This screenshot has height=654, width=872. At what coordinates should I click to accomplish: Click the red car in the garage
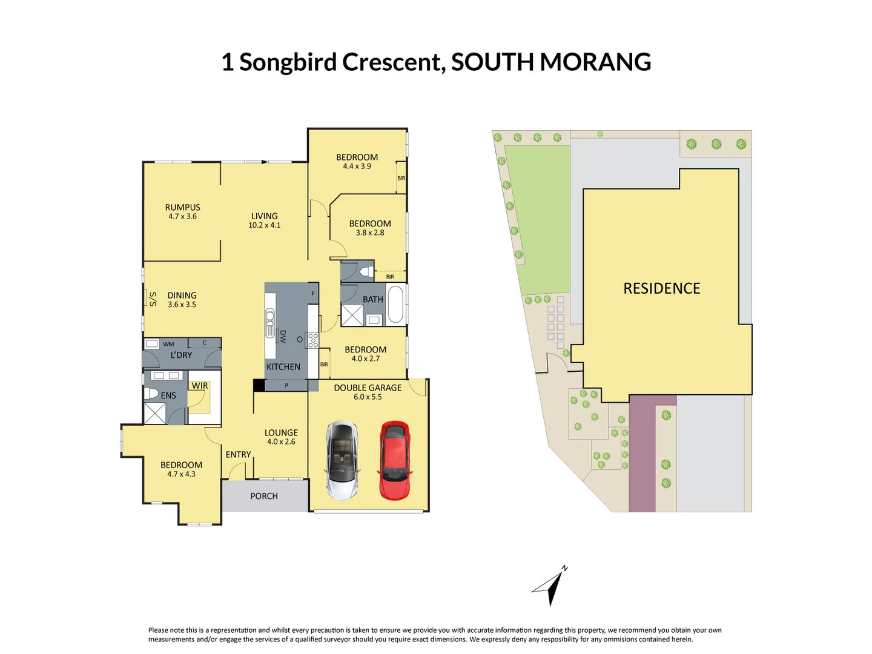(395, 460)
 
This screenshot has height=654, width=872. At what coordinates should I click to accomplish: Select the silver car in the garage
(342, 460)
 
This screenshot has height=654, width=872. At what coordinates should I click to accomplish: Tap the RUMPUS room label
(182, 207)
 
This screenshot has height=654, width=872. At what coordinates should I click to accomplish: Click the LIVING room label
(265, 216)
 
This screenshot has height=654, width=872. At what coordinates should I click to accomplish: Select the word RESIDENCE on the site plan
(662, 288)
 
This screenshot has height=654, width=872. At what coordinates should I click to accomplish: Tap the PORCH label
(264, 496)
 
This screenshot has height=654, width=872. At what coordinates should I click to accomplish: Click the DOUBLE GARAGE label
(368, 388)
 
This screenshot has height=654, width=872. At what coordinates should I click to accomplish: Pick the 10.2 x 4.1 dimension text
(265, 225)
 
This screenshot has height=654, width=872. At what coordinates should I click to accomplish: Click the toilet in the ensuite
(151, 393)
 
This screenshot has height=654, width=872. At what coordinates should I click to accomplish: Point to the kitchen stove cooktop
(312, 340)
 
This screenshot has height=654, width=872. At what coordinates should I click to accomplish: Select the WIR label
(200, 386)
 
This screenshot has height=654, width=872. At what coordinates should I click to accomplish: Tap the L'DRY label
(181, 355)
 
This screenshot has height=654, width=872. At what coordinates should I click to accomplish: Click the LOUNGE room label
(281, 432)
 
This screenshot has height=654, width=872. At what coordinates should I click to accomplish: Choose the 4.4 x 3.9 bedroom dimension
(357, 167)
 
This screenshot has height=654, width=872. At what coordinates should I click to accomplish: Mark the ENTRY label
(238, 454)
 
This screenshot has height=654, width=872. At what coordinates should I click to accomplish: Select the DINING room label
(182, 296)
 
